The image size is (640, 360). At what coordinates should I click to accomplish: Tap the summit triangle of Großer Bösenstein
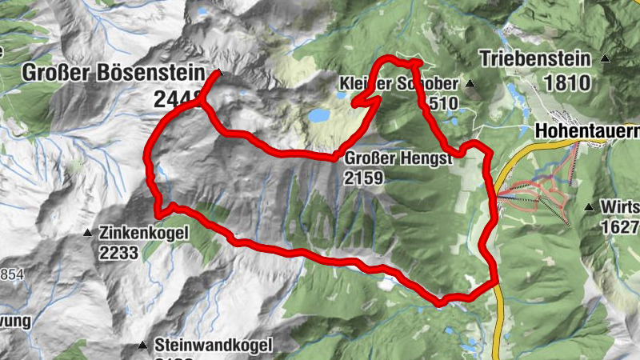pyautogui.click(x=219, y=74)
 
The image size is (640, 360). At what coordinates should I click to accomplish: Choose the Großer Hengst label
pyautogui.click(x=399, y=158)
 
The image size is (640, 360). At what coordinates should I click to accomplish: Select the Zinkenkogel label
pyautogui.click(x=144, y=233)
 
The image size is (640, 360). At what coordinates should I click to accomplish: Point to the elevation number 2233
pyautogui.click(x=119, y=253)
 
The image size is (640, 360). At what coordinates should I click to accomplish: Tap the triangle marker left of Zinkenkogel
pyautogui.click(x=88, y=233)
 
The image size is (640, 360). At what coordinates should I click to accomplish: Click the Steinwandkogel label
pyautogui.click(x=214, y=346)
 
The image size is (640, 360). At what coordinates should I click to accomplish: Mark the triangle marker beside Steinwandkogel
pyautogui.click(x=142, y=346)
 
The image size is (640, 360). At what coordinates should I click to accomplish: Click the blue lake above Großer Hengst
pyautogui.click(x=319, y=115)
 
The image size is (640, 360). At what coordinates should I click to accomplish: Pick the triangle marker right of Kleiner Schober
pyautogui.click(x=470, y=83)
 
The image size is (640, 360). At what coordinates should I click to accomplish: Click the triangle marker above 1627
pyautogui.click(x=590, y=208)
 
